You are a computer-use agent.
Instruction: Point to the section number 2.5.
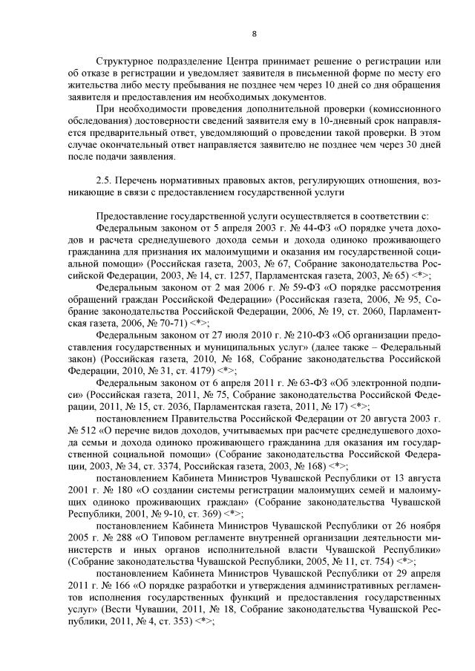click(107, 180)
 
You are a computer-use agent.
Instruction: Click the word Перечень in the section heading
click(142, 180)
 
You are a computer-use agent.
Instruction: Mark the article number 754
click(378, 560)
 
